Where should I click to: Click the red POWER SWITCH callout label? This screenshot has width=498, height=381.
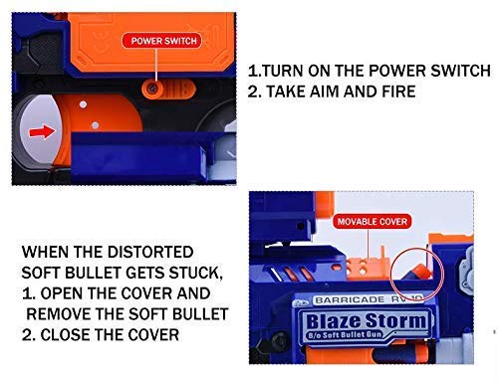(x=161, y=41)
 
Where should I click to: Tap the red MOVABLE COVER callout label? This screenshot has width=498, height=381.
(x=373, y=222)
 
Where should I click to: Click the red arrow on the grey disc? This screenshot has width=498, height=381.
(x=42, y=132)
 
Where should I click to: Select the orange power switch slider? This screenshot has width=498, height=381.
(x=168, y=90)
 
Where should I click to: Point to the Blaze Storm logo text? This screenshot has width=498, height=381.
(x=367, y=321)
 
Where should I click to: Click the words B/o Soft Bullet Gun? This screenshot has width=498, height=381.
(x=346, y=335)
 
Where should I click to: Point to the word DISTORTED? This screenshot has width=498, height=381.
(x=150, y=252)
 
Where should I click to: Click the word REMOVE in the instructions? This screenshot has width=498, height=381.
(x=59, y=314)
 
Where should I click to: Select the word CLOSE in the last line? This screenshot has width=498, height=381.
(x=66, y=335)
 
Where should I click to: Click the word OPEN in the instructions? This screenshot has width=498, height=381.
(x=62, y=293)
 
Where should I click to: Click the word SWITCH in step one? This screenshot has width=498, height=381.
(x=460, y=71)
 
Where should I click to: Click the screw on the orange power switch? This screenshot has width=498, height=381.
(x=152, y=89)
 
